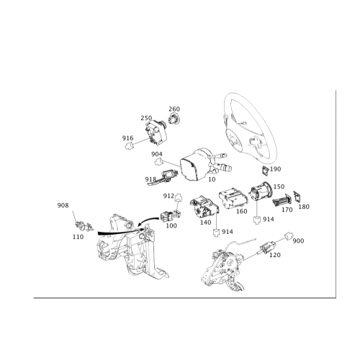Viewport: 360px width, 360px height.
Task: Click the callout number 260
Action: (x=174, y=109)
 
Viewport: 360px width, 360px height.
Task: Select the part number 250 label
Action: (x=146, y=118)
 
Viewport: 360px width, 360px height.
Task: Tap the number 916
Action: (x=127, y=138)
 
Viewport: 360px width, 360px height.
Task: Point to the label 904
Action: (x=157, y=154)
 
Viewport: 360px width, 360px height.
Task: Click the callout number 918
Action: (x=150, y=179)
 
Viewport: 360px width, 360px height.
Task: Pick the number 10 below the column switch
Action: (x=212, y=179)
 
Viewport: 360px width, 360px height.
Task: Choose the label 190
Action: (x=275, y=169)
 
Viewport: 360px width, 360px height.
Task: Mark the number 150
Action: (x=279, y=186)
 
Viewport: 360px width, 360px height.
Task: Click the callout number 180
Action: (x=304, y=207)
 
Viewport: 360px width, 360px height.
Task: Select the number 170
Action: (x=287, y=210)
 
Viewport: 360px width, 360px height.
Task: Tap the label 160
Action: (x=242, y=211)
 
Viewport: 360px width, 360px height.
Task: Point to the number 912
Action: (x=168, y=196)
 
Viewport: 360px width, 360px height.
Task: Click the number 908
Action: (x=63, y=205)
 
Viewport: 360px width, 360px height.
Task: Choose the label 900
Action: (x=298, y=240)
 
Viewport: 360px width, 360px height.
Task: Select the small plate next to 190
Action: (x=266, y=171)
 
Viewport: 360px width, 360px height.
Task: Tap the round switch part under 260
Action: (x=174, y=119)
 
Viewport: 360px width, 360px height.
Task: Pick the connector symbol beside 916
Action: (x=129, y=145)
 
